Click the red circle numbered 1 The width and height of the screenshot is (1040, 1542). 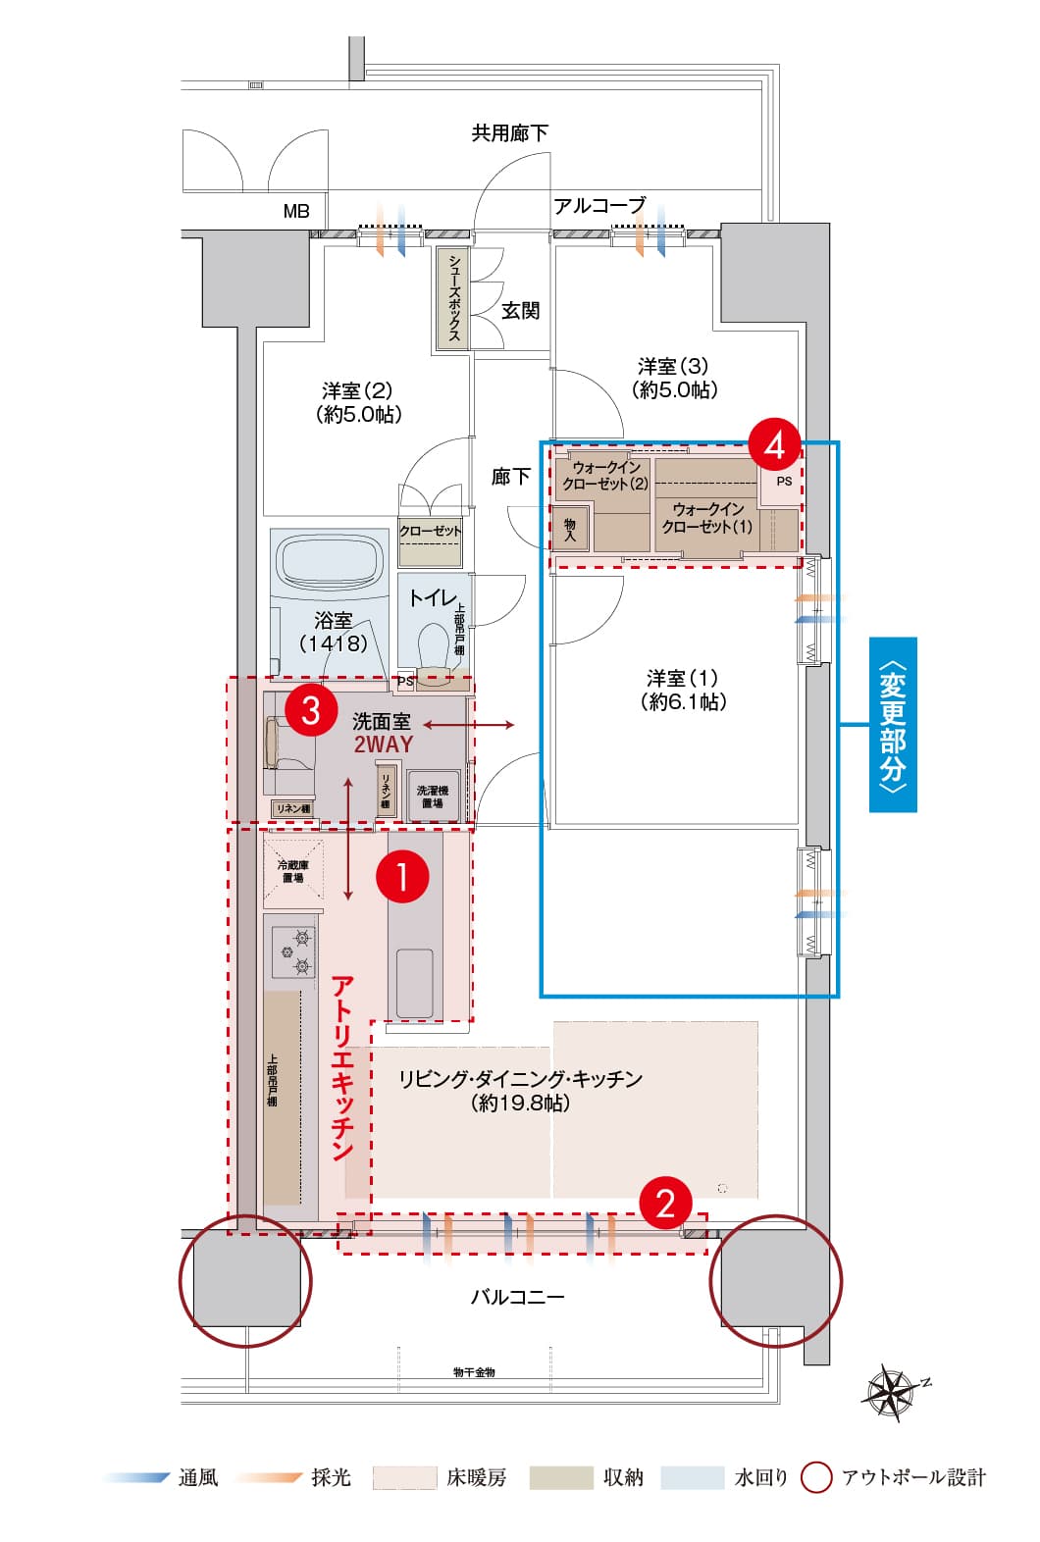[x=402, y=876]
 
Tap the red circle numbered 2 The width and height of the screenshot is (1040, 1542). [x=666, y=1202]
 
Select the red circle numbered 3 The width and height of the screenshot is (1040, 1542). [x=311, y=708]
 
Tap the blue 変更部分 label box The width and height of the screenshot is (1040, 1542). [x=893, y=725]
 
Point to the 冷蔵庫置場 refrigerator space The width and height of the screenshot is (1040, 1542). [x=292, y=870]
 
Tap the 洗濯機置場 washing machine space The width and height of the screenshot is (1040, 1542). [x=433, y=796]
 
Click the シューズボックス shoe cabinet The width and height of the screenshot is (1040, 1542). [x=453, y=297]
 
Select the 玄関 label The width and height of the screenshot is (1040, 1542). [x=521, y=311]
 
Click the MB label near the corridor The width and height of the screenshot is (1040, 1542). [x=296, y=211]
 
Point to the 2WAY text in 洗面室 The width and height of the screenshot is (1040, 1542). [x=384, y=745]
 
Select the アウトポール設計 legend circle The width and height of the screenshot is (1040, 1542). [x=816, y=1477]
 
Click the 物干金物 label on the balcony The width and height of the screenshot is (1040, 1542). [x=474, y=1372]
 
